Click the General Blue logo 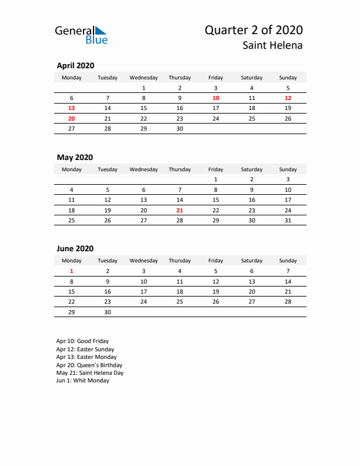[x=81, y=35]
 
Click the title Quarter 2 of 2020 [x=254, y=30]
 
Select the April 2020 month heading [x=75, y=66]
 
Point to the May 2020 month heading [x=75, y=157]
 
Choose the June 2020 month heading [x=75, y=248]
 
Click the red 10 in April [x=216, y=98]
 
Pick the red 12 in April [x=288, y=98]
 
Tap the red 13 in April [x=72, y=108]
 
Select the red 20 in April [x=72, y=118]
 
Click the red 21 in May [x=179, y=210]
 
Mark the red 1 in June [x=72, y=271]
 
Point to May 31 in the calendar [x=288, y=220]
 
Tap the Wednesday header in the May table [x=144, y=169]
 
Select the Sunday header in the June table [x=288, y=261]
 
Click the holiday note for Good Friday [x=82, y=341]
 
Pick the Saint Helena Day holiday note [x=89, y=372]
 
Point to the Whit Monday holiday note [x=82, y=381]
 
